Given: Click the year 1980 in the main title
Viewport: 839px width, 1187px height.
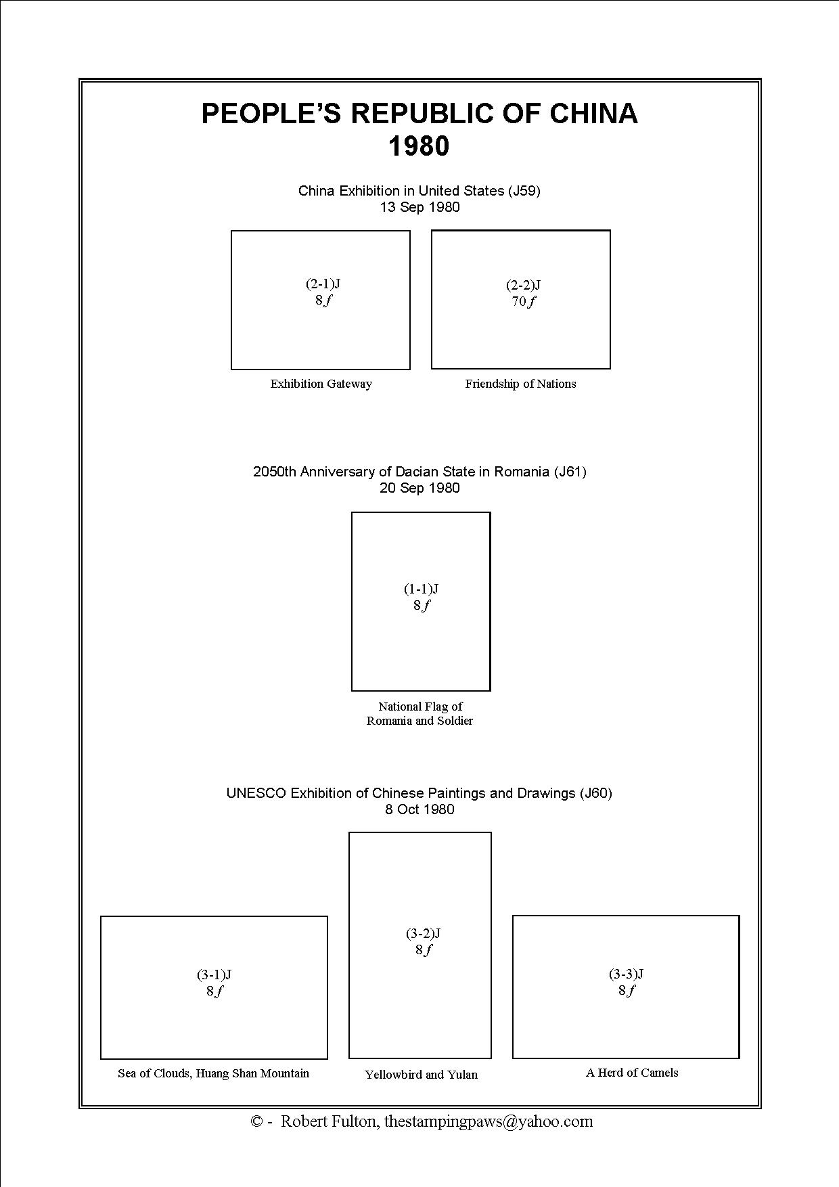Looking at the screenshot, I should (419, 147).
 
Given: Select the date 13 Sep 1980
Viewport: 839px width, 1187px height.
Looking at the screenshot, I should (419, 207).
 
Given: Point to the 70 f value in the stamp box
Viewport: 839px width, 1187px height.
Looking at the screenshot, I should (523, 302).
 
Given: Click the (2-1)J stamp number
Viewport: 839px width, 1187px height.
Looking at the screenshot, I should (323, 284).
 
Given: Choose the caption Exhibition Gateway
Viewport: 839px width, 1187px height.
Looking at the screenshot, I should (321, 384).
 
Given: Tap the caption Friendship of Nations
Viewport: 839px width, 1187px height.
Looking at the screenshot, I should (520, 384).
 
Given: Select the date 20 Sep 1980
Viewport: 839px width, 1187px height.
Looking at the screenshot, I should (419, 488).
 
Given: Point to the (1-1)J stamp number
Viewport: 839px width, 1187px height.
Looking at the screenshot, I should (421, 589).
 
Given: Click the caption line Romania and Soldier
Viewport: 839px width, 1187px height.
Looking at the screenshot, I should (419, 721).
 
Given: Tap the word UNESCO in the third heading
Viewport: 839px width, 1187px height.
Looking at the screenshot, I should (256, 793).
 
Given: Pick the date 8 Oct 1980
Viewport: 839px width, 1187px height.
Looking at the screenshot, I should (419, 809).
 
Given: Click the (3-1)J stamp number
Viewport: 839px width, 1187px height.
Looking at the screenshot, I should (214, 975).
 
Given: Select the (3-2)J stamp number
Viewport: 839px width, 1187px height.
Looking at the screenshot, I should (423, 933).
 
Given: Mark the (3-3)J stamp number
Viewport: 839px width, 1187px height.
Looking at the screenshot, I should (626, 974).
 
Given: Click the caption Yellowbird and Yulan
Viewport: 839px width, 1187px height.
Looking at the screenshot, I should (421, 1075).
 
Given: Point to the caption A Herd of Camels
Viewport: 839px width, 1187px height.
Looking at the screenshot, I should (632, 1073).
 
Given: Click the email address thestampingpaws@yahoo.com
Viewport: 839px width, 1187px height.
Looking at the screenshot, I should (489, 1121).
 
